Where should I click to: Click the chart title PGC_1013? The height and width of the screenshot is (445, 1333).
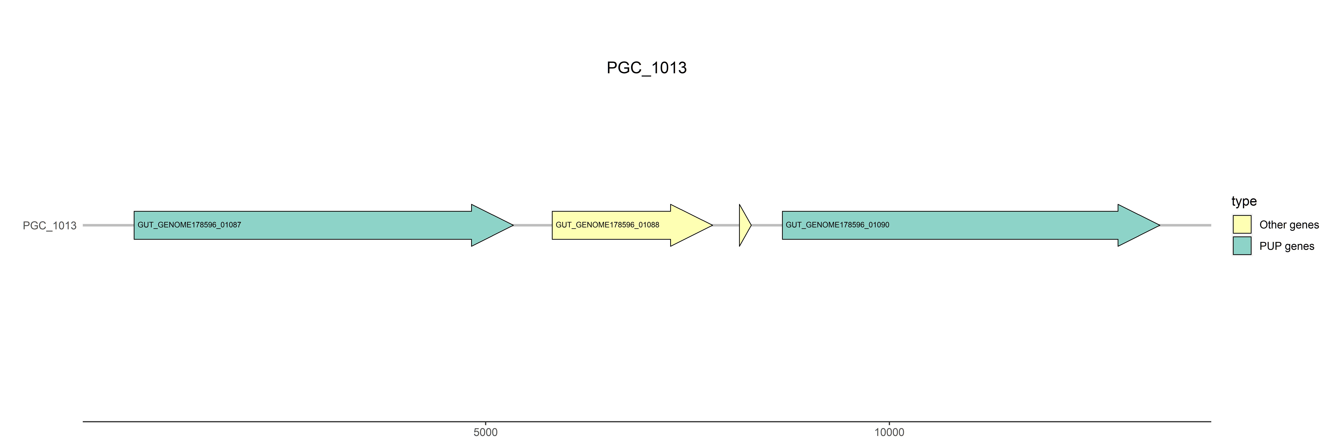click(646, 68)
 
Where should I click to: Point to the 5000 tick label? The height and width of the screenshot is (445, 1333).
click(485, 432)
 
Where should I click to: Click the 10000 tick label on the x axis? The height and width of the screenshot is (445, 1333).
click(889, 432)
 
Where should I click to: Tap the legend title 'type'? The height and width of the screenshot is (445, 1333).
click(1244, 201)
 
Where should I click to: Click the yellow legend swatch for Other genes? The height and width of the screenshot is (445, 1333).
click(1242, 224)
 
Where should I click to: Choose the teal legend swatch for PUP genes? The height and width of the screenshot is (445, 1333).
click(1242, 245)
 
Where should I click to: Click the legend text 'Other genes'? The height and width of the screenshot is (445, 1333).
click(1289, 225)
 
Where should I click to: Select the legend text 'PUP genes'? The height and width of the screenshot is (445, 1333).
click(1286, 246)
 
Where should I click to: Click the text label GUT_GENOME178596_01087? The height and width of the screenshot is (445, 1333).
click(189, 225)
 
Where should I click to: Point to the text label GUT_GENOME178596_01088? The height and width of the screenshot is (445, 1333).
click(608, 225)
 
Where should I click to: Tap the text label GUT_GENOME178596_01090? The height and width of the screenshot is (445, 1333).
click(837, 225)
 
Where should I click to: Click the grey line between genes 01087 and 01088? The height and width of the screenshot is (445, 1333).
click(532, 225)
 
